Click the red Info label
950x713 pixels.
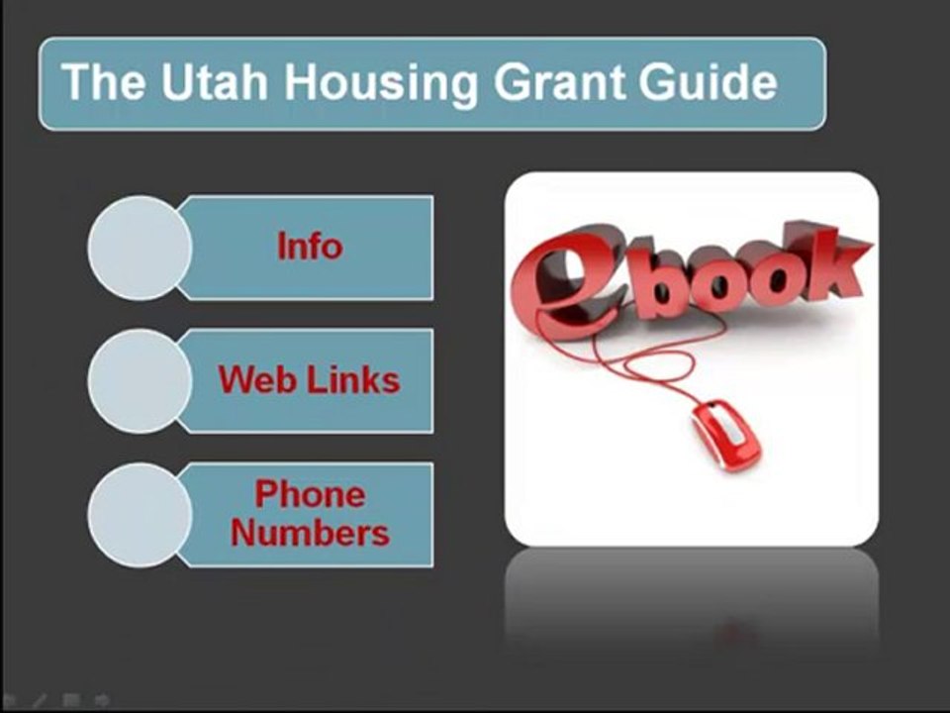tap(309, 247)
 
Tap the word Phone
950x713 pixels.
tap(310, 494)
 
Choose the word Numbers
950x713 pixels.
tap(310, 534)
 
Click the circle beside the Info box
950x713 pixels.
tap(140, 248)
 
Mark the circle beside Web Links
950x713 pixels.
tap(140, 381)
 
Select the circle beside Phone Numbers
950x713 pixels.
tap(140, 514)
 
